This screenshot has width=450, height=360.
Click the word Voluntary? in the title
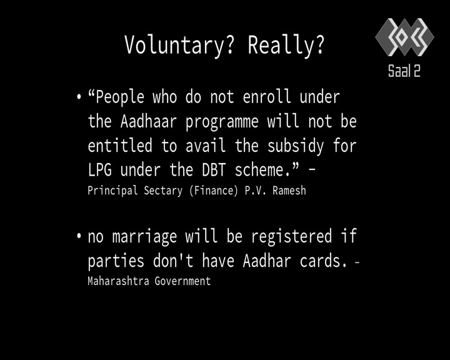pos(179,46)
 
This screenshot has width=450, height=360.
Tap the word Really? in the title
pos(286,46)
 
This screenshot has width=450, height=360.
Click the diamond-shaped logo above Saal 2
pos(404,37)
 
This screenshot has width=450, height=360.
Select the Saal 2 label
pos(404,71)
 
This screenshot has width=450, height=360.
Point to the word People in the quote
pos(119,97)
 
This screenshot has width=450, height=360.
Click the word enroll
pos(267,96)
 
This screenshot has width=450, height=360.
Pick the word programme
pos(222,122)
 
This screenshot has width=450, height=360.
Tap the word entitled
pos(120,145)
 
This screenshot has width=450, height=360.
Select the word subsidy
pos(296,146)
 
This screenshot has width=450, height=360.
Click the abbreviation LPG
pos(99,169)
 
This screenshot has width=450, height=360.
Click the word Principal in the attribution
pos(112,191)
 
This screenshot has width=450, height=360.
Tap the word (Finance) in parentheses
pos(214,191)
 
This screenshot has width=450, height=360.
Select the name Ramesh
pos(289,191)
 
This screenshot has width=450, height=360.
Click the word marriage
pos(144,237)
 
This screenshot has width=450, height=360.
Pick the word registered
pos(292,237)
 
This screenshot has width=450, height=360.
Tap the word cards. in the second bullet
pos(324,261)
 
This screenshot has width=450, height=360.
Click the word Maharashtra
pos(118,281)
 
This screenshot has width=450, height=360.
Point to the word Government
pos(182,281)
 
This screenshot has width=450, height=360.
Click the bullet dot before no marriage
pos(79,236)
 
